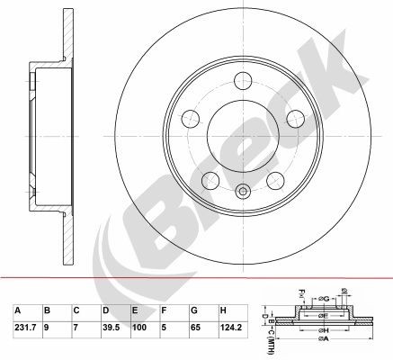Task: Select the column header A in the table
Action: tap(17, 310)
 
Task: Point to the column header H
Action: tap(223, 310)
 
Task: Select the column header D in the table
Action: tap(105, 310)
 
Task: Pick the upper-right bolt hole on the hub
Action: tap(292, 117)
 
